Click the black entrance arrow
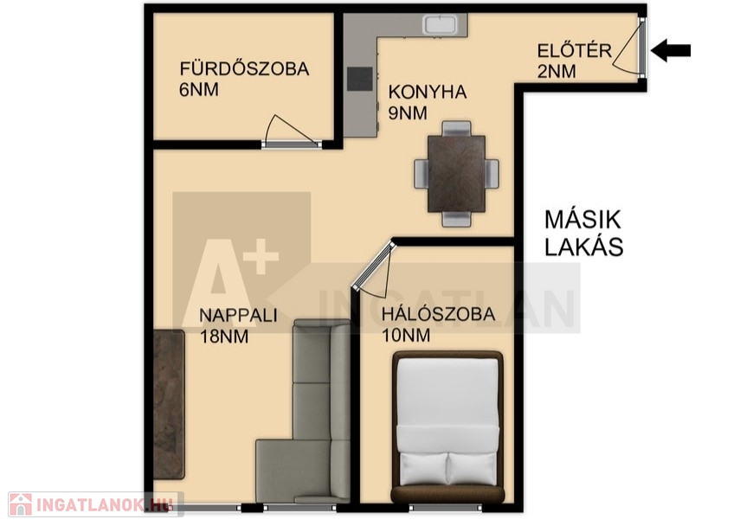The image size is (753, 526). (x=671, y=50)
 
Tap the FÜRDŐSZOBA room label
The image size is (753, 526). (x=244, y=68)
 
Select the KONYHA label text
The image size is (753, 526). (x=428, y=92)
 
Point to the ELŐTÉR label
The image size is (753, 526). (x=575, y=50)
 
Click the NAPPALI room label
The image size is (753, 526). (x=239, y=315)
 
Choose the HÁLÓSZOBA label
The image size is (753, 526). (x=438, y=314)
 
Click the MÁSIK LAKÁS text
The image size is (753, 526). (x=583, y=234)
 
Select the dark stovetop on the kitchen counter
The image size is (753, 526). (x=360, y=79)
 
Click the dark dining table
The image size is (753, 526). (x=456, y=174)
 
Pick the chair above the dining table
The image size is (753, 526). (x=456, y=129)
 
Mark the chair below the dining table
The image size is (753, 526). (x=456, y=220)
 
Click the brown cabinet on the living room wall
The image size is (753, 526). (x=169, y=404)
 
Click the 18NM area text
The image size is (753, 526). (x=224, y=337)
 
